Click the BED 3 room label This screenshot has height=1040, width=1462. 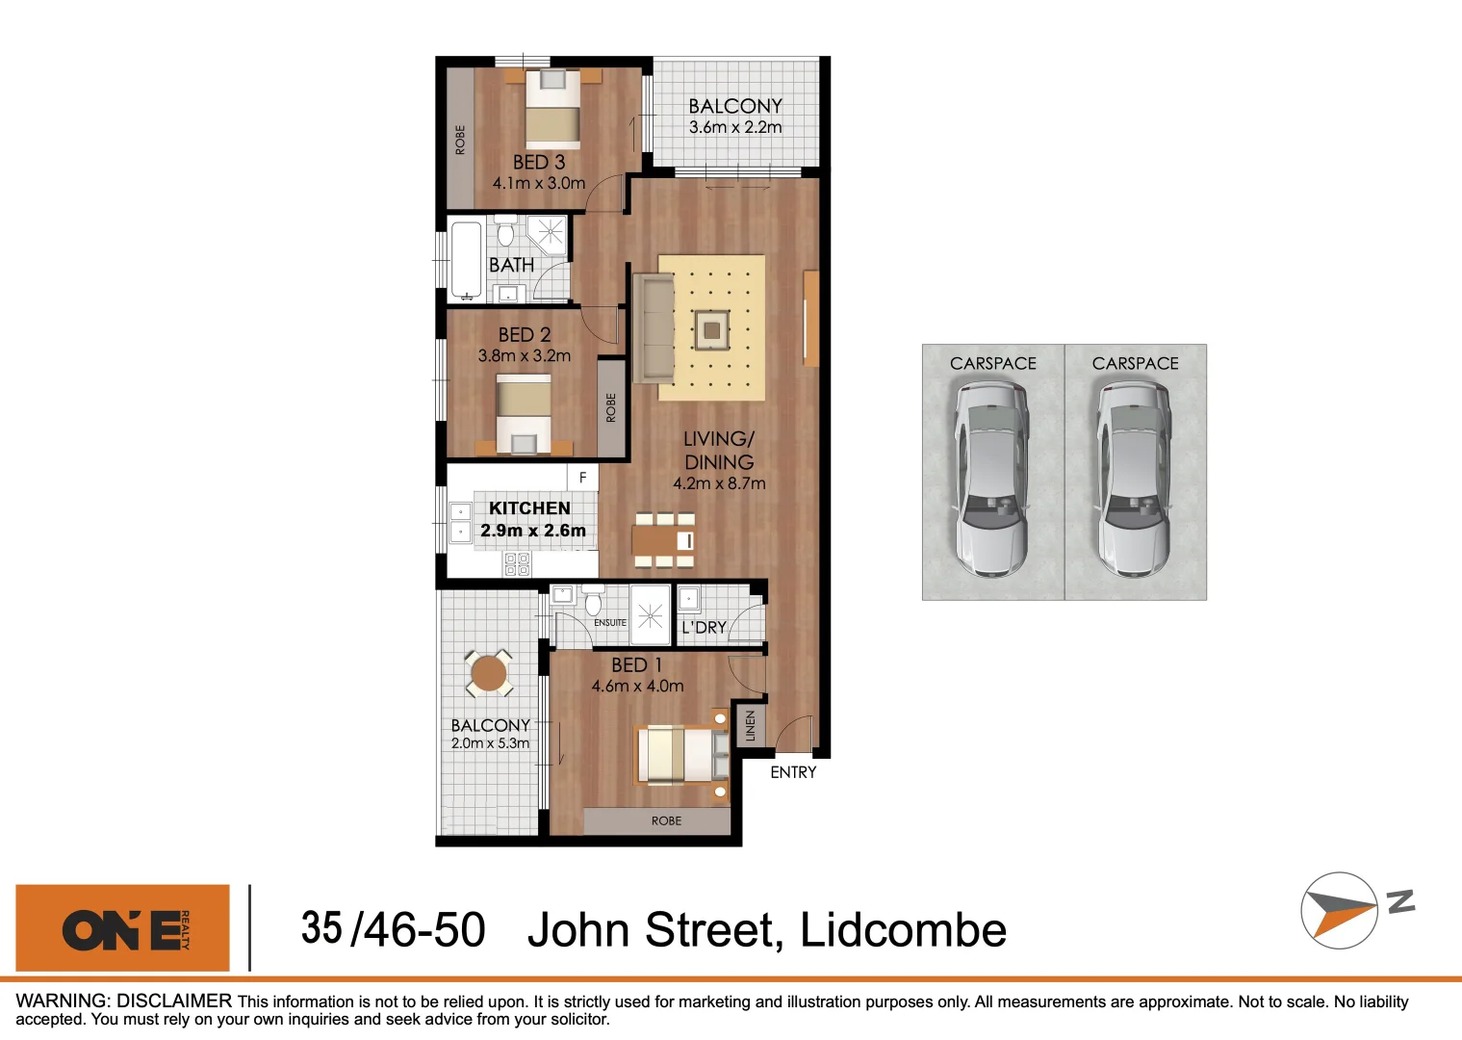click(539, 163)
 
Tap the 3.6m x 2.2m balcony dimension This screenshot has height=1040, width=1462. click(735, 127)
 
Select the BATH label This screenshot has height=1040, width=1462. click(511, 265)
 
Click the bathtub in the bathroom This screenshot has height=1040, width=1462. click(467, 260)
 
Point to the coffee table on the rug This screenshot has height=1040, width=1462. click(711, 330)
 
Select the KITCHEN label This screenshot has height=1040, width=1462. click(529, 508)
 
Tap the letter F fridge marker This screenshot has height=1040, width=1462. click(582, 478)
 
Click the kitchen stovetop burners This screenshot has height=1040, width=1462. click(517, 564)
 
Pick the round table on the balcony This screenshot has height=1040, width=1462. click(489, 672)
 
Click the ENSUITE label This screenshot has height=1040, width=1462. click(610, 623)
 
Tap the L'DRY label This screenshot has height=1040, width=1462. click(704, 628)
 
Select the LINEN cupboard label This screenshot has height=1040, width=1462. click(751, 725)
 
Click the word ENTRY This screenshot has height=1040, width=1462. click(793, 772)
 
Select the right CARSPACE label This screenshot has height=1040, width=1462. click(1135, 363)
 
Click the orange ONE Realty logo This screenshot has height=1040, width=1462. click(122, 928)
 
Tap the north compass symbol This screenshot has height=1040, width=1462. click(1340, 910)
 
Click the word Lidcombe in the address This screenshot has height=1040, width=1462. click(903, 930)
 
